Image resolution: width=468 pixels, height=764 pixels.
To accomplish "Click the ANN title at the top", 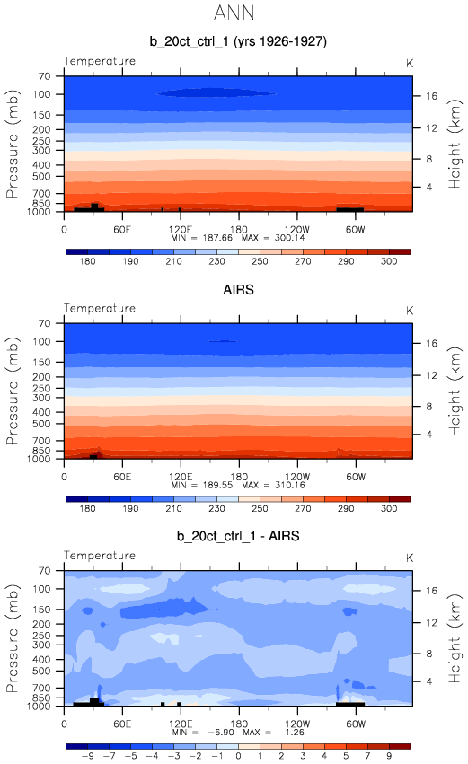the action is (x=234, y=13).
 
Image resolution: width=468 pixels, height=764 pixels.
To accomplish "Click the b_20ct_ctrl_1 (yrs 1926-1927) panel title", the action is (x=238, y=41).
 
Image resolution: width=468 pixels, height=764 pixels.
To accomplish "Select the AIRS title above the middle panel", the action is (x=238, y=289).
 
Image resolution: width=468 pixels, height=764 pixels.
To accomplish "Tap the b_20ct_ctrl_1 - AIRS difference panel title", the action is (x=238, y=536).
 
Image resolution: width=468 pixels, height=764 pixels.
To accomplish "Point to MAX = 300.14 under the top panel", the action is (x=273, y=238).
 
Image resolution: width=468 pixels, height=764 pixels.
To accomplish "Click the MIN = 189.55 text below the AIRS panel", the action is (x=202, y=485).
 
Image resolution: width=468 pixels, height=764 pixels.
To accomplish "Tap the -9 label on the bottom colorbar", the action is (x=87, y=756).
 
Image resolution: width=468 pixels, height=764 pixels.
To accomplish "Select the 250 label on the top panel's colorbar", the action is (x=260, y=261).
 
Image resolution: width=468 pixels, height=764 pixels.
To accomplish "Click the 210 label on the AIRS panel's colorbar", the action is (x=173, y=508).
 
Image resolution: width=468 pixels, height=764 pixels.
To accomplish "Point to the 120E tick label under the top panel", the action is (x=181, y=230).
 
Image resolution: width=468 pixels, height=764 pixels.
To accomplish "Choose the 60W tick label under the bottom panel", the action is (x=356, y=724).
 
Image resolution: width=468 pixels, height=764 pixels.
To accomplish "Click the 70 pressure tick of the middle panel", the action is (x=45, y=323).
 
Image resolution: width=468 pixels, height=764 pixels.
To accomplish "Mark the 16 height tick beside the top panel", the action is (x=431, y=96).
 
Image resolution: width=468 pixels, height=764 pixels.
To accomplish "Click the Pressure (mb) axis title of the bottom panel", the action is (x=13, y=638).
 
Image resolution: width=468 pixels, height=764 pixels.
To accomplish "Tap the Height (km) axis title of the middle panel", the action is (x=454, y=391).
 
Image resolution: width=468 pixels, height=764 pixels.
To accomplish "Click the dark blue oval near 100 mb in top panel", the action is (x=216, y=92).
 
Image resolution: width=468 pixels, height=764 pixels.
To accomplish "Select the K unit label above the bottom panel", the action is (x=410, y=558).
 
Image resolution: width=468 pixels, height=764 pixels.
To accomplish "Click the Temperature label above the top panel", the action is (x=100, y=61).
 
